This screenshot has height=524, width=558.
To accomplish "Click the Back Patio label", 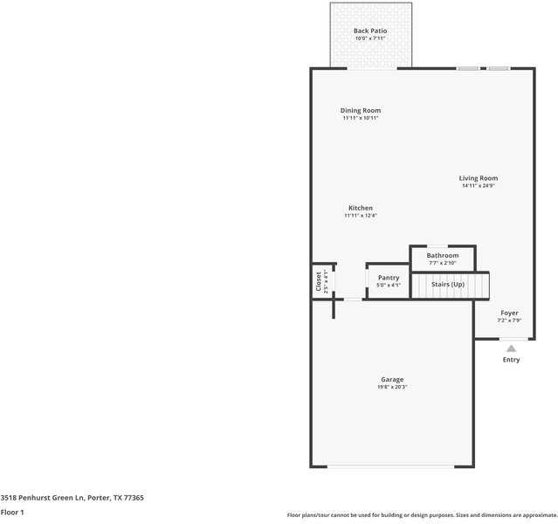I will [370, 31].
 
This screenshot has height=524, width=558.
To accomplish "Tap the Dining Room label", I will [361, 111].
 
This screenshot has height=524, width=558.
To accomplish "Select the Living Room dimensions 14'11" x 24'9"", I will [479, 186].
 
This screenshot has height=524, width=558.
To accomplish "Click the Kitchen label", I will [361, 208].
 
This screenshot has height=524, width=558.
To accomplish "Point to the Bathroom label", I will [443, 255].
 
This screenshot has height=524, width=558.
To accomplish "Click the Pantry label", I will [389, 278].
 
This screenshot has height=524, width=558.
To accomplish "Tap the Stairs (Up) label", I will [448, 285].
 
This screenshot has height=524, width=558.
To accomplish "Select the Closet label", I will [318, 280].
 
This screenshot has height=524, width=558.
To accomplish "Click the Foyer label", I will [509, 313].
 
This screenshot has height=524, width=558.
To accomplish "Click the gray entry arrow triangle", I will [512, 348].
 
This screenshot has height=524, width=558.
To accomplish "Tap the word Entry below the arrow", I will [512, 360].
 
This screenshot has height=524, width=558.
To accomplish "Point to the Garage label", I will [392, 379].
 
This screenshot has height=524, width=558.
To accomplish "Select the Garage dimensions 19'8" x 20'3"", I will [392, 387].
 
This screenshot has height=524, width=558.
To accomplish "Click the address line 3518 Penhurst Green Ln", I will [72, 498].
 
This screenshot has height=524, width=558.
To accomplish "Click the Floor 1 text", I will [12, 512].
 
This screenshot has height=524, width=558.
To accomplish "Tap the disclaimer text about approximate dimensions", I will [421, 515].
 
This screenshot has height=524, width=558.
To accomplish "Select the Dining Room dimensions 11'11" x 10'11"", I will [361, 118].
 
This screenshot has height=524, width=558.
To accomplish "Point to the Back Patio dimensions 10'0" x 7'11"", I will [370, 38].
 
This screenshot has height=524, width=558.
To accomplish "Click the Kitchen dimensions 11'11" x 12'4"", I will [361, 216].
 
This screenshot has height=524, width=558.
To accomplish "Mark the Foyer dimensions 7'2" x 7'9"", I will [509, 321].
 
